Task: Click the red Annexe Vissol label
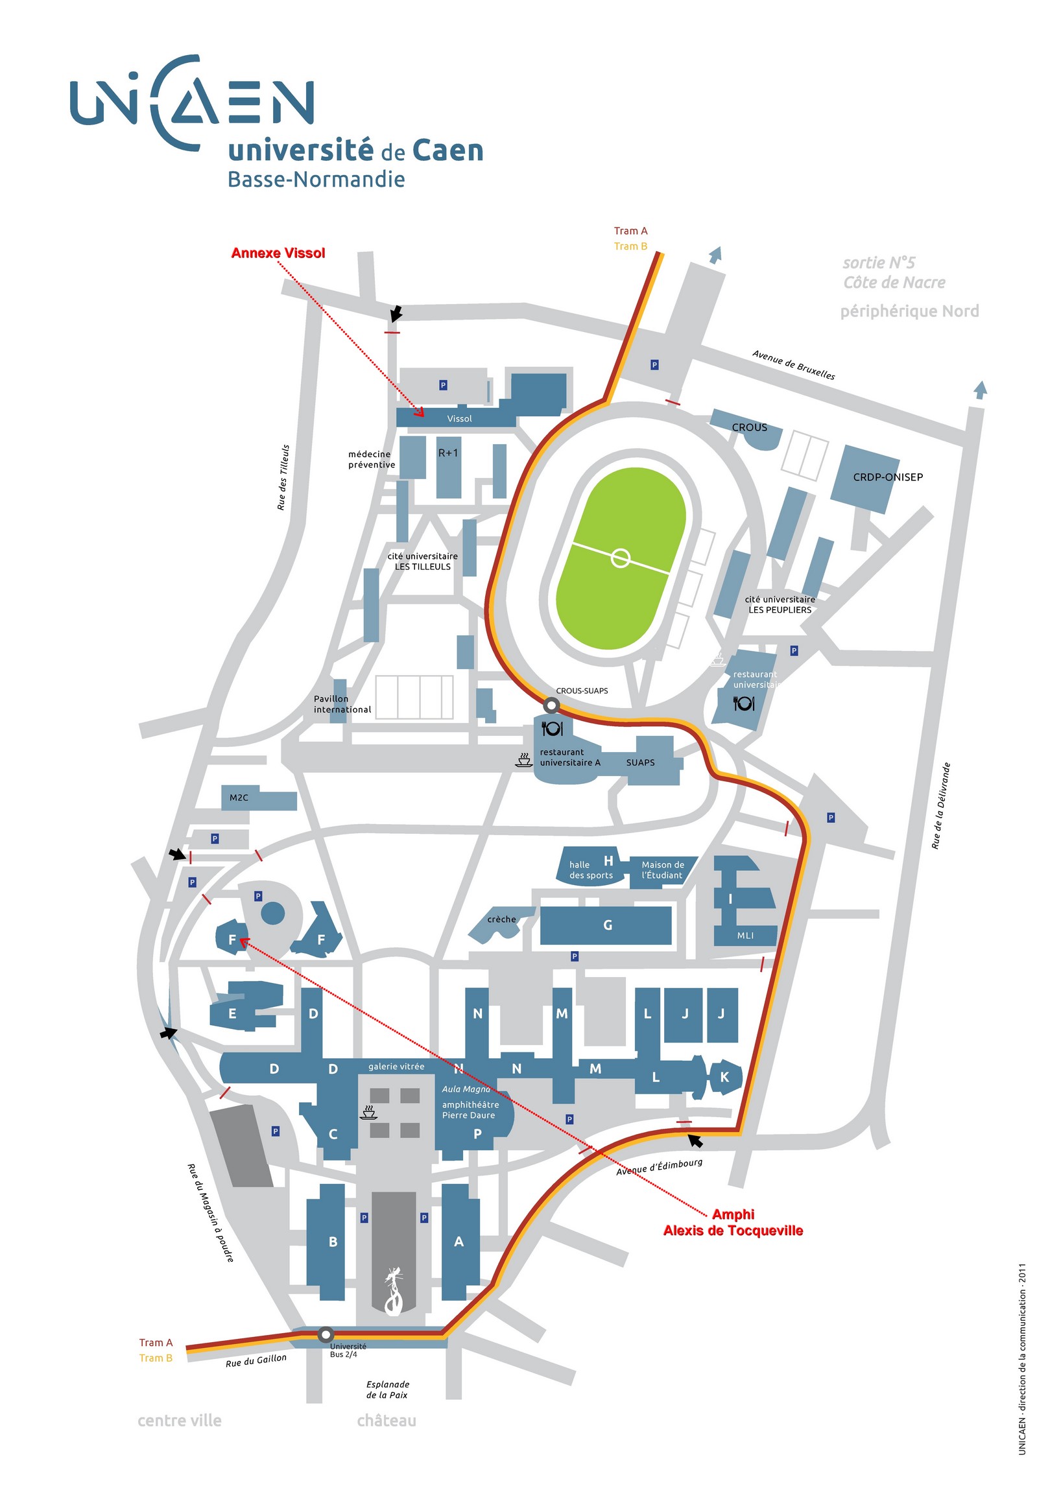tap(278, 253)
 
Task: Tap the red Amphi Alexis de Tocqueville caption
tap(733, 1222)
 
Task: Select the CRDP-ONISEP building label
tap(888, 477)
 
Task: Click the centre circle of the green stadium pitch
tap(621, 558)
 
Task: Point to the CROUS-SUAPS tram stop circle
tap(552, 705)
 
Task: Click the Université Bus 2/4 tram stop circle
tap(325, 1334)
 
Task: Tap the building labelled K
tap(724, 1077)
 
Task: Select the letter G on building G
tap(608, 925)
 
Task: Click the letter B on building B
tap(333, 1242)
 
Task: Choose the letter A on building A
tap(459, 1242)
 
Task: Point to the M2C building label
tap(239, 798)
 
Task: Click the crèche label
tap(501, 919)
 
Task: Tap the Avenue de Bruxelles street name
tap(793, 365)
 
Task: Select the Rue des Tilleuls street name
tap(283, 477)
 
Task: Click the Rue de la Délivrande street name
tap(941, 805)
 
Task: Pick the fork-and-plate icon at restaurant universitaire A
tap(553, 728)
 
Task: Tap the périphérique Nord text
tap(909, 311)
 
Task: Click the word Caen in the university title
tap(447, 151)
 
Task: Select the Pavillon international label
tap(342, 704)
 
